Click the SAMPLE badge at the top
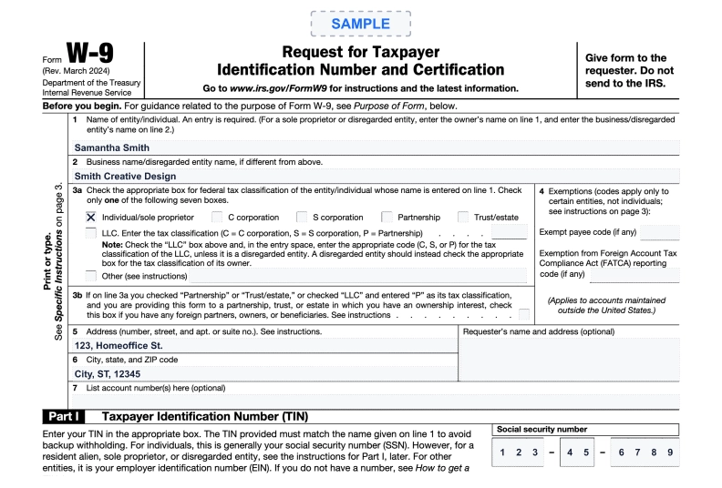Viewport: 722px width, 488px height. (x=360, y=24)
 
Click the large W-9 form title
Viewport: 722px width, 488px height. (x=91, y=56)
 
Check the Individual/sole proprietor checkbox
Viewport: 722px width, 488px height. (x=91, y=218)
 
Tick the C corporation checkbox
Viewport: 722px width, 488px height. (x=217, y=218)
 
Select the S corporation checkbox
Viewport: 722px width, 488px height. (x=302, y=218)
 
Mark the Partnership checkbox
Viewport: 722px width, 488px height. (x=387, y=218)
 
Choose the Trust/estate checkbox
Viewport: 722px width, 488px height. (x=463, y=218)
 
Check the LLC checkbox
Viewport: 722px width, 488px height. (x=91, y=233)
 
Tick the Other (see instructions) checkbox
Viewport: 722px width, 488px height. (x=91, y=275)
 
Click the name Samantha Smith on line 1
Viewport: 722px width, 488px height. (x=111, y=147)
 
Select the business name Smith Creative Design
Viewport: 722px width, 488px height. (x=125, y=177)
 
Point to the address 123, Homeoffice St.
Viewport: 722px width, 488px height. (x=119, y=345)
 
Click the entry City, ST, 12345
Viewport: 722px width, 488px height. (x=108, y=373)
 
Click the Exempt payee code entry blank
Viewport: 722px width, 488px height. (x=659, y=232)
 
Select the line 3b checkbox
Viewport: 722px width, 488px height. (x=524, y=315)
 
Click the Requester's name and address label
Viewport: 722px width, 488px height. (x=538, y=331)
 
